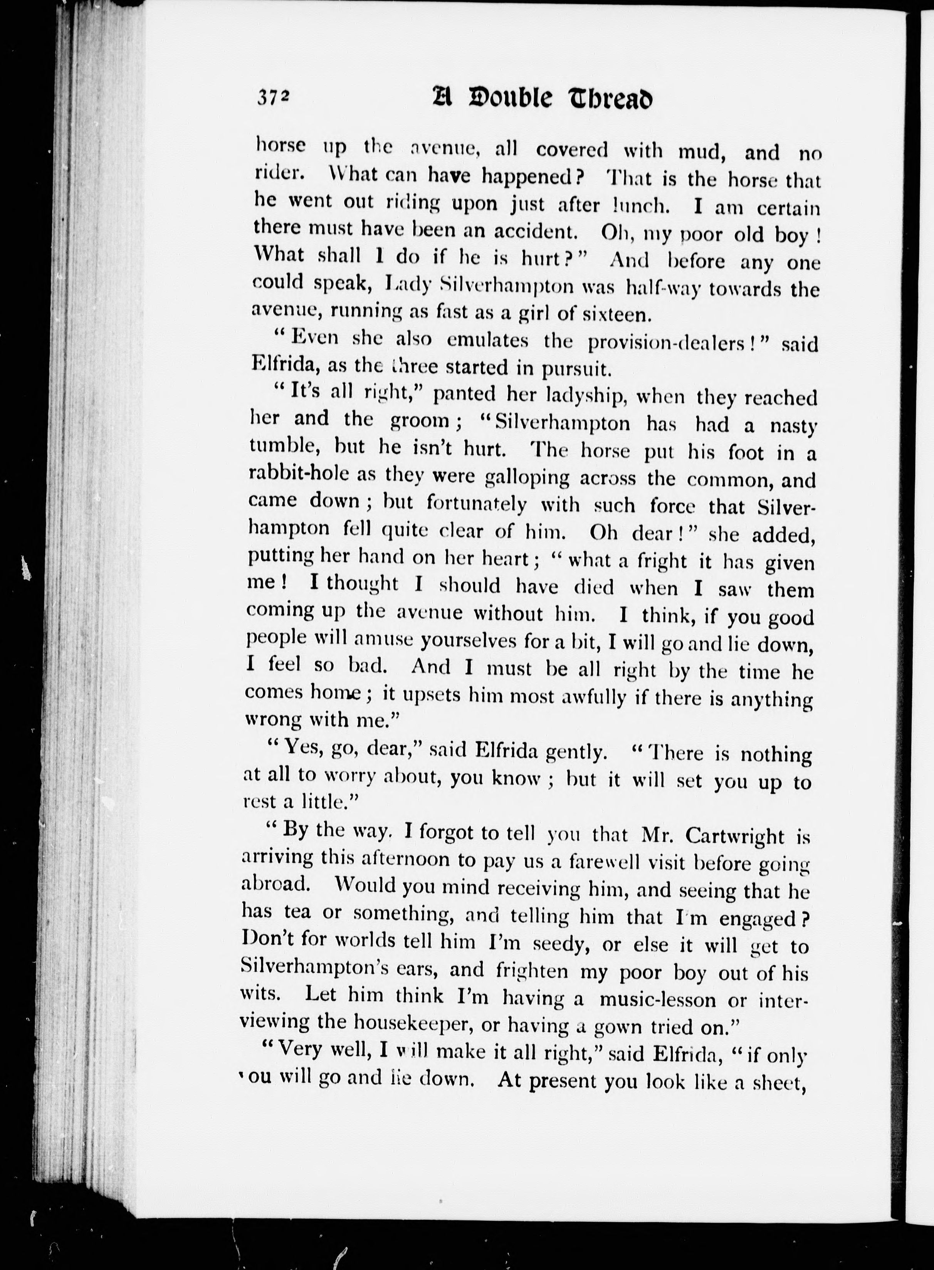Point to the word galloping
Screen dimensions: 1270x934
pyautogui.click(x=527, y=478)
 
